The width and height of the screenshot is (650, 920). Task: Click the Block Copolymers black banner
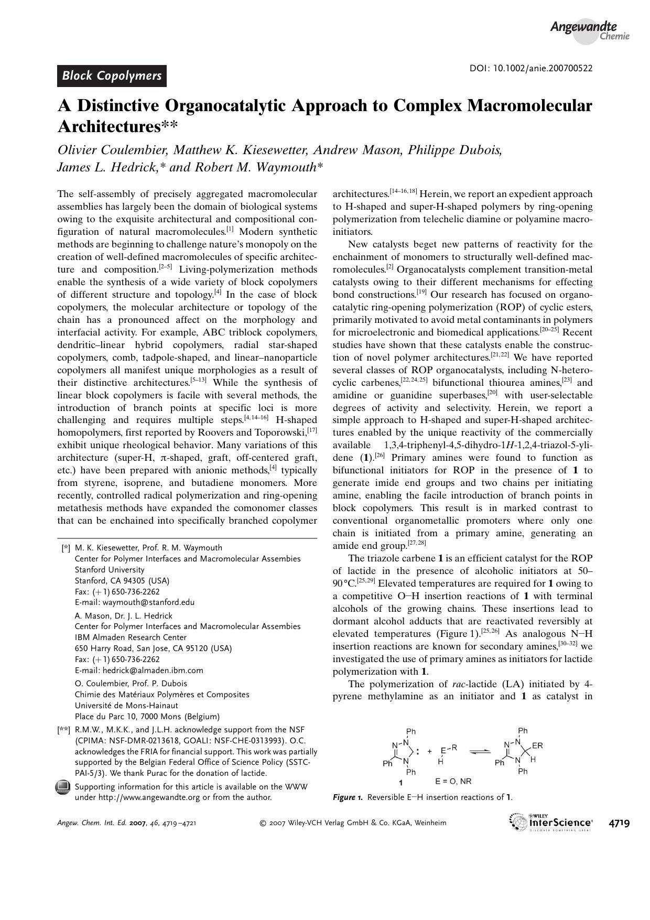coord(112,76)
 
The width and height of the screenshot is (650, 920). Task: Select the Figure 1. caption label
coord(348,797)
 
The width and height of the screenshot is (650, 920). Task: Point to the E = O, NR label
coord(453,781)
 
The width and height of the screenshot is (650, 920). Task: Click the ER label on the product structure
coord(537,745)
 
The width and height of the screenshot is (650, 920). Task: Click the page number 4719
coord(619,822)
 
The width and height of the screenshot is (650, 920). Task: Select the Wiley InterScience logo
coord(551,822)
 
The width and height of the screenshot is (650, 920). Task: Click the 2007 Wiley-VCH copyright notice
coord(353,822)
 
